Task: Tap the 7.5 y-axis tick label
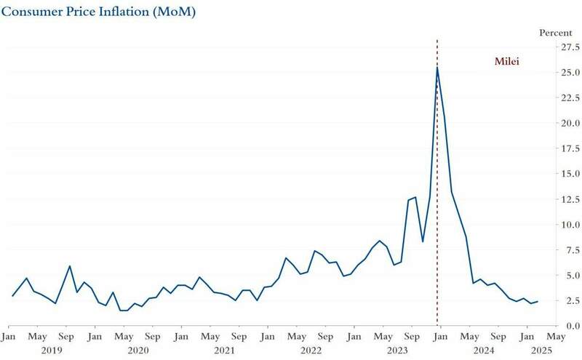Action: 551,249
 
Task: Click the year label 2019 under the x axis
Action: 52,351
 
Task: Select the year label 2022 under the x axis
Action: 311,351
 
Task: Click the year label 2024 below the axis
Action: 484,351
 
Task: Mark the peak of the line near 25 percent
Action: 436,67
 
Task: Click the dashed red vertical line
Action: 437,182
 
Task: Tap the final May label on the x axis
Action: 555,337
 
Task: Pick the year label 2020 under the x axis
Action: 138,351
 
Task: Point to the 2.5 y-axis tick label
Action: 551,300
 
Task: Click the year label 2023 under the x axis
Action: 397,351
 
